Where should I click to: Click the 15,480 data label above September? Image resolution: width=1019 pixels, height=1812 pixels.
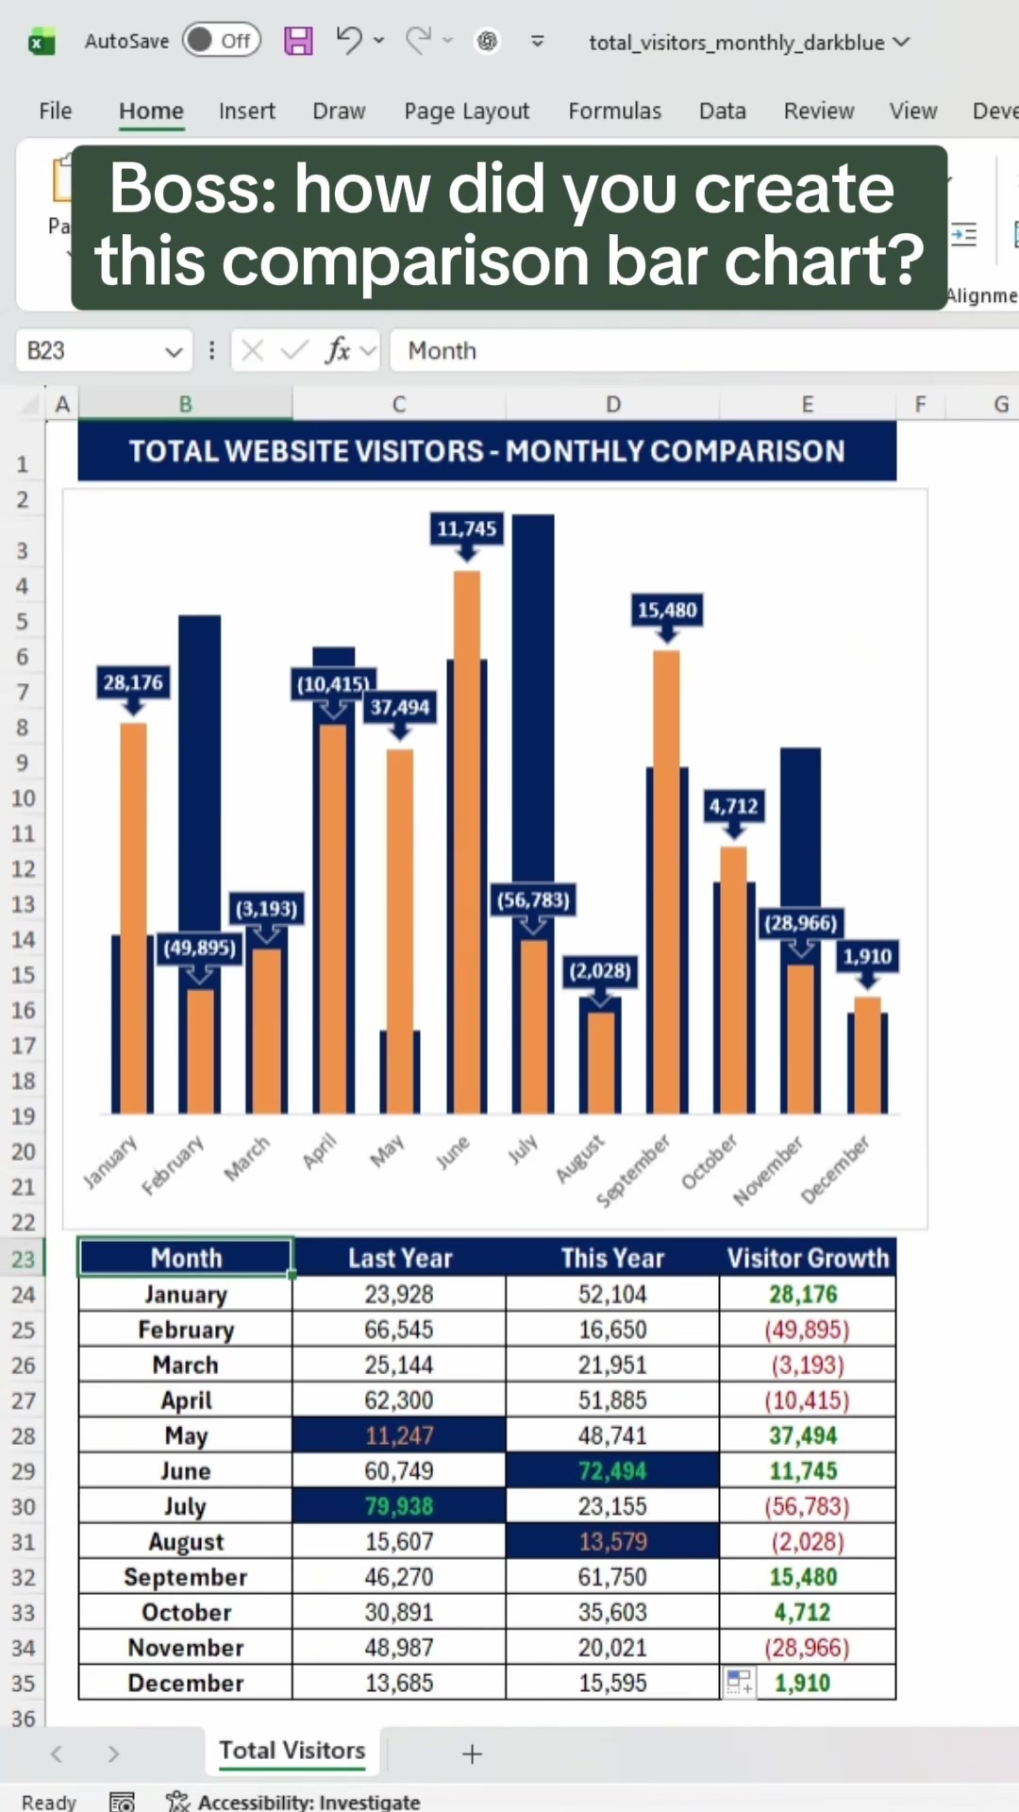667,610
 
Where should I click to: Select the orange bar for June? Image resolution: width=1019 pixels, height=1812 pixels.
467,842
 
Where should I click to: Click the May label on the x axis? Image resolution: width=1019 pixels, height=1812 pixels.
387,1150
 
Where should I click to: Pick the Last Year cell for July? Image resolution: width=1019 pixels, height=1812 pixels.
399,1506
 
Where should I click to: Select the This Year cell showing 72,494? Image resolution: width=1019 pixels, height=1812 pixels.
612,1470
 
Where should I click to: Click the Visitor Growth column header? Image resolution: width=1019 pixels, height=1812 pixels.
808,1258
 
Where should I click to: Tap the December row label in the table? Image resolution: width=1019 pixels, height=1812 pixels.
186,1683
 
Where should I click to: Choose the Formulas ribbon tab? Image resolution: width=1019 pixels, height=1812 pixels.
615,110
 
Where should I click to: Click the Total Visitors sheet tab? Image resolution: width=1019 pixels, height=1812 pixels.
292,1751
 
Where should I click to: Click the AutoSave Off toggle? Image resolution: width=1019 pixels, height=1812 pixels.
222,41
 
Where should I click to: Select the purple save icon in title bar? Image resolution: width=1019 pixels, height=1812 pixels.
298,41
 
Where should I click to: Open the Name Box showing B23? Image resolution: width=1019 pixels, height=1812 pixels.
104,351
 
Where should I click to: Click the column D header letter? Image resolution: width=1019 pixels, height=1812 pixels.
613,404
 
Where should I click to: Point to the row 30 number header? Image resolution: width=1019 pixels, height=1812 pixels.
24,1506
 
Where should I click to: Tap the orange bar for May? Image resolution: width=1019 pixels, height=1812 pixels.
400,931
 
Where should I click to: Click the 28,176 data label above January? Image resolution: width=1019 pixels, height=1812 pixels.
133,682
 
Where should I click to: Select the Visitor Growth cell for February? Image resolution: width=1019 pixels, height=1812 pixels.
808,1330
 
